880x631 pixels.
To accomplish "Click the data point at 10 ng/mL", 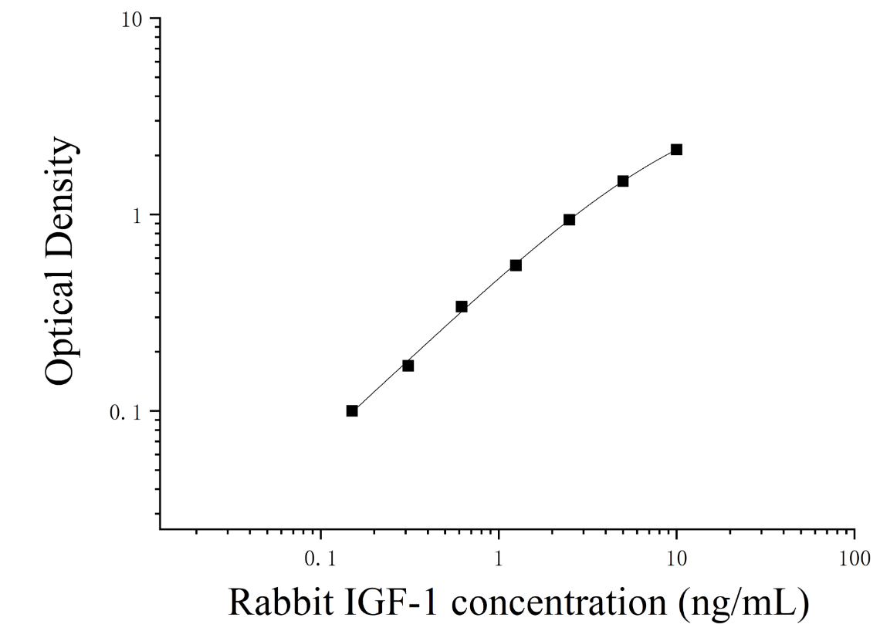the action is (x=676, y=149).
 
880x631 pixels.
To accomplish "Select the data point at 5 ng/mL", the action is (x=622, y=181).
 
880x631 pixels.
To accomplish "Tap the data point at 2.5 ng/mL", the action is (x=569, y=219).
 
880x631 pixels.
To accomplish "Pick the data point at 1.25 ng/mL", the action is (x=516, y=265).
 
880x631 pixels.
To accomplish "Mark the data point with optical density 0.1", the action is (x=352, y=410).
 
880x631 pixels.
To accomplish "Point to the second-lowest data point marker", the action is (x=408, y=366).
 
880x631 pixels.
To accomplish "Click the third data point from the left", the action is (x=462, y=306).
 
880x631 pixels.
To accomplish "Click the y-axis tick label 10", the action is (x=133, y=19).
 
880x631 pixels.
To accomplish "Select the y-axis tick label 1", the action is (x=138, y=215).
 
